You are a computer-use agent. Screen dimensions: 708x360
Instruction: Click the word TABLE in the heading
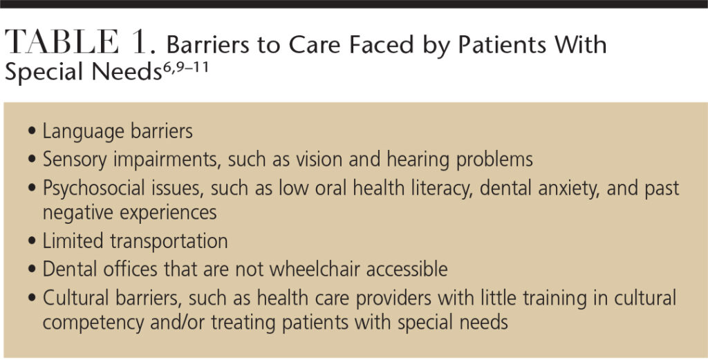[x=62, y=43]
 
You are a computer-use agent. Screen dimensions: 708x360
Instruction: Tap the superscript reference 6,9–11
[x=185, y=70]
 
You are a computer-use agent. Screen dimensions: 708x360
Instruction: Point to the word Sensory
[x=75, y=160]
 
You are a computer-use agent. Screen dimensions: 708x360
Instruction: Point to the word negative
[x=77, y=213]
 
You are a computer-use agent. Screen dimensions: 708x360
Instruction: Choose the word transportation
[x=169, y=241]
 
